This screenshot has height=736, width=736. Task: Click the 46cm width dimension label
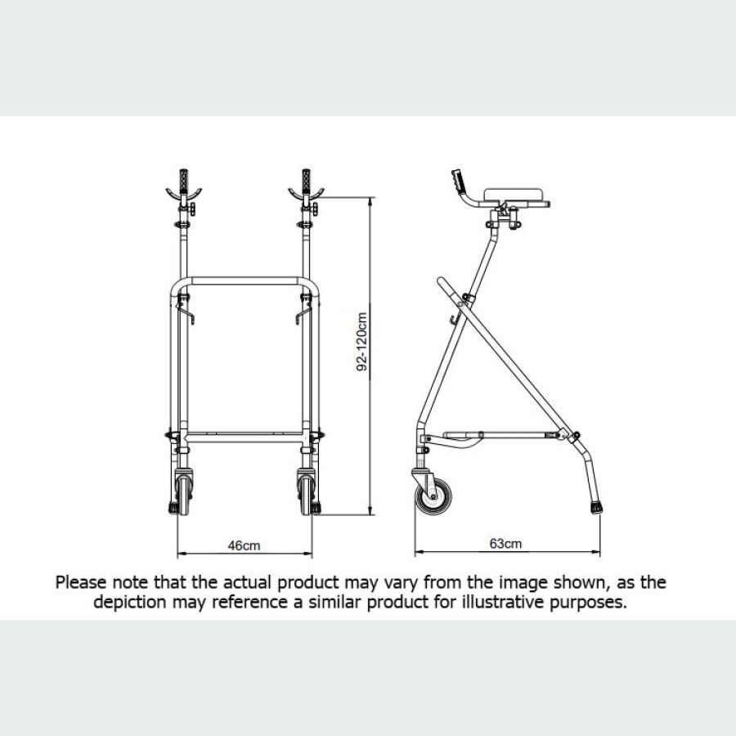[x=244, y=545]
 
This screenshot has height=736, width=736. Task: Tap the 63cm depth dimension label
[x=505, y=543]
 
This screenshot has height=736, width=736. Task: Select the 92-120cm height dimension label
[x=361, y=340]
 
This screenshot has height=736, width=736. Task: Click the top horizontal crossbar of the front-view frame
[x=244, y=280]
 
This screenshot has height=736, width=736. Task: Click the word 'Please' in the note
[x=82, y=583]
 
